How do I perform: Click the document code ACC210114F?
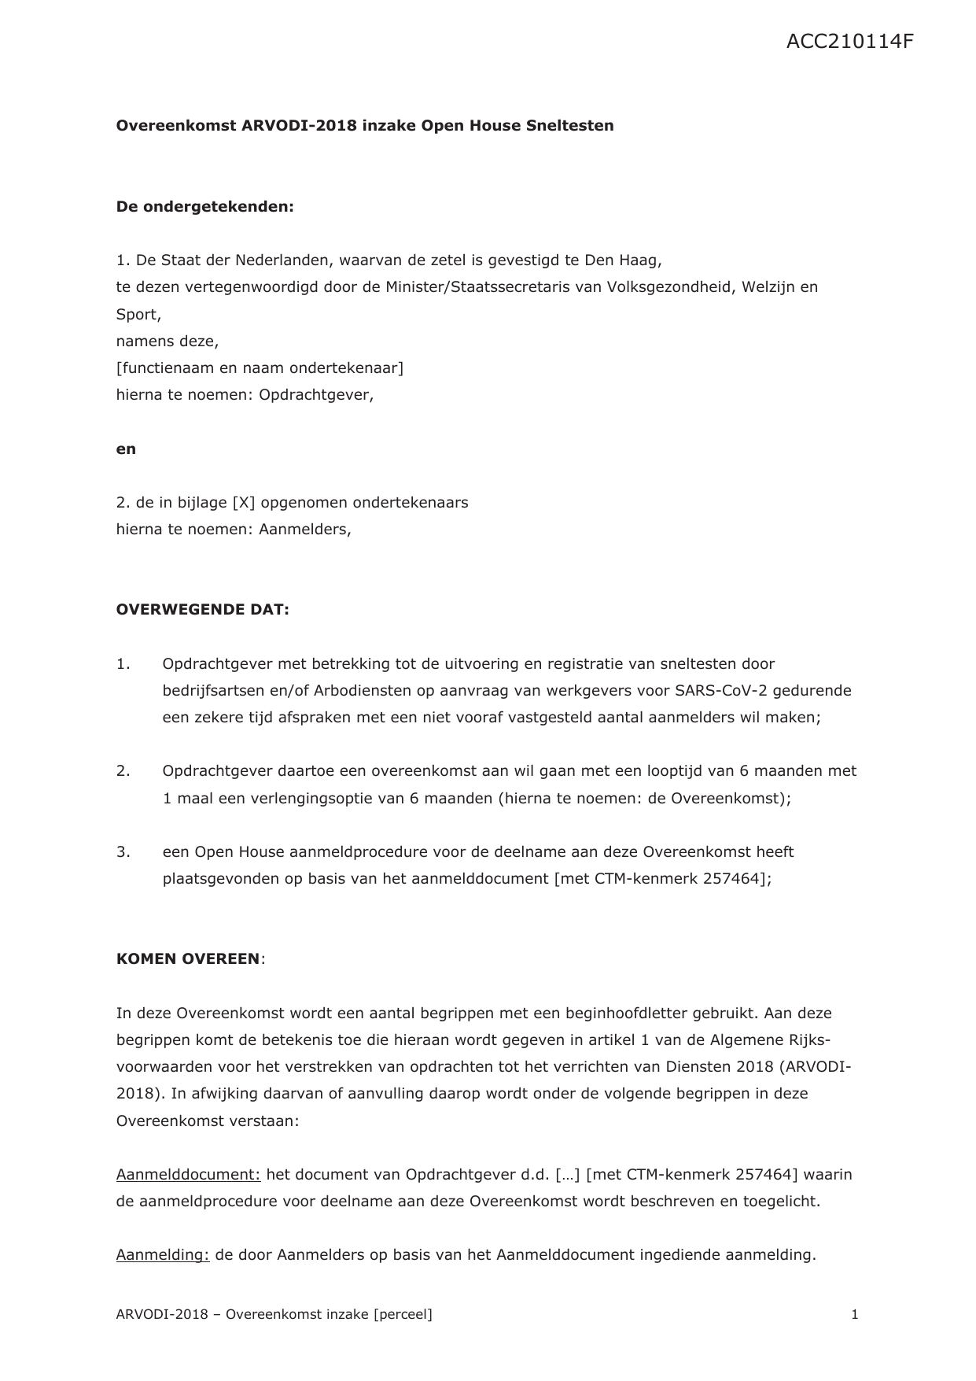click(849, 42)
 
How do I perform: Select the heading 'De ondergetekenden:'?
click(204, 207)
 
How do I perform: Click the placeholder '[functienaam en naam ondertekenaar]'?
click(260, 367)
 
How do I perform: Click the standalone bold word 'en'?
click(126, 449)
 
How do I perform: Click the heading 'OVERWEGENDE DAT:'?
click(202, 610)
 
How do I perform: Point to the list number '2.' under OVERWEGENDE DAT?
click(123, 771)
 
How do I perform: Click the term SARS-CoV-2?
click(716, 691)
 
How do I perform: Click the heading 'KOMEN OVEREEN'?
click(188, 959)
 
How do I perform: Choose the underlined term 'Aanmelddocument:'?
click(188, 1175)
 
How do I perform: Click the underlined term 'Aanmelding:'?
click(163, 1255)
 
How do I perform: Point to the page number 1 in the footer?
click(854, 1314)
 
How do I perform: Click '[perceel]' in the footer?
click(403, 1314)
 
